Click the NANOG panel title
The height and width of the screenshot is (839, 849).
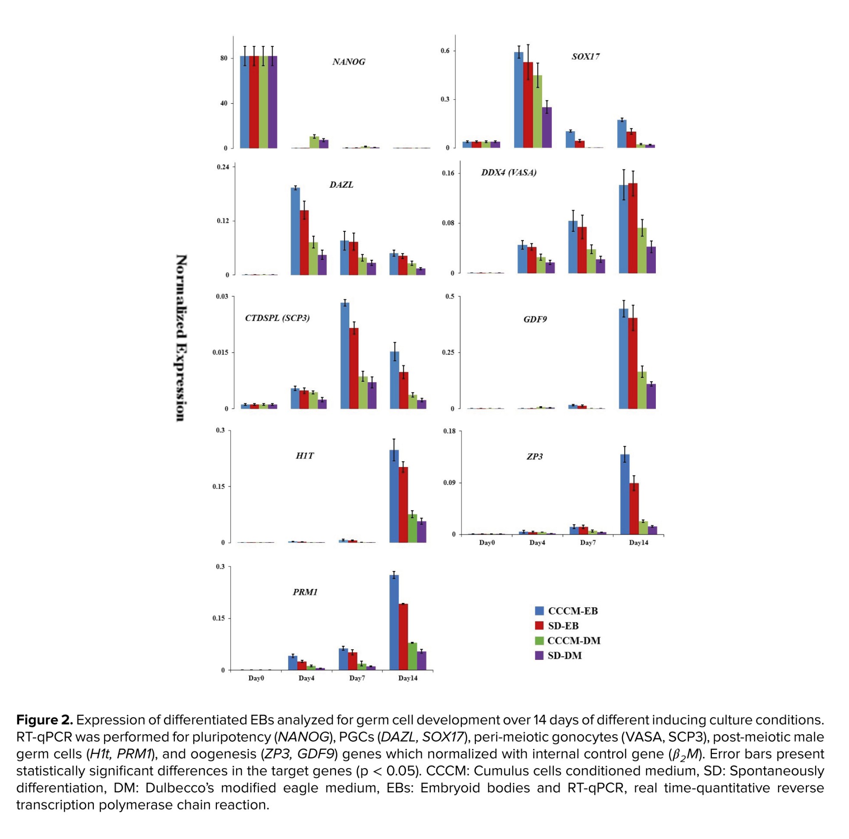349,62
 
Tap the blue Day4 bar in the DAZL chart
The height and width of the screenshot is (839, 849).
295,231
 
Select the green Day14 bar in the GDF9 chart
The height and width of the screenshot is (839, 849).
642,390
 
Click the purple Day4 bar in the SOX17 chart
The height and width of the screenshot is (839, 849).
547,127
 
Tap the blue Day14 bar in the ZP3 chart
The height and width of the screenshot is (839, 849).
624,494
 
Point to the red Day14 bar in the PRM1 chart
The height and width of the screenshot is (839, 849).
403,637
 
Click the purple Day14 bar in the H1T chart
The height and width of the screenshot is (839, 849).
422,531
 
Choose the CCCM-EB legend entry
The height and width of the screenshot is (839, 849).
566,611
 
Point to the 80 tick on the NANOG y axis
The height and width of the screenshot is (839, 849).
224,59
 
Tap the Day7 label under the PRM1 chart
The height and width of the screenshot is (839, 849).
357,678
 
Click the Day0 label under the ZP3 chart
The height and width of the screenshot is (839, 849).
487,543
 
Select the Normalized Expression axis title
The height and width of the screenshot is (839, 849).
181,338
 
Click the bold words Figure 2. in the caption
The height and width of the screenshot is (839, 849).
45,720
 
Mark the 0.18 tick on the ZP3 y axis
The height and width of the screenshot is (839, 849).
449,431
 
